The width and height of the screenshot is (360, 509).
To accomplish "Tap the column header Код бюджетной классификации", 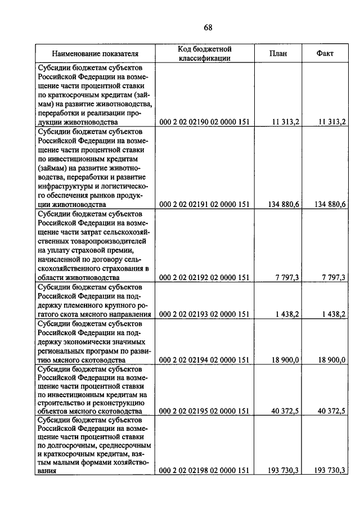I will pyautogui.click(x=205, y=53).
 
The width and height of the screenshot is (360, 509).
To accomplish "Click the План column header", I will pyautogui.click(x=278, y=54).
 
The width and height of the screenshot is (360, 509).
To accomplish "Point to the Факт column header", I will pyautogui.click(x=325, y=54).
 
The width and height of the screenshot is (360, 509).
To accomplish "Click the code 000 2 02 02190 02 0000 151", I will pyautogui.click(x=204, y=122).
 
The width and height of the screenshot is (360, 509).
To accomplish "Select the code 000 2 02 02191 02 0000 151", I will pyautogui.click(x=204, y=204).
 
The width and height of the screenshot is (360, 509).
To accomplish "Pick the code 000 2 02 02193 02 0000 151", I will pyautogui.click(x=204, y=314).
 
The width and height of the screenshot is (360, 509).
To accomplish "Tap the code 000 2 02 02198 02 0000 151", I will pyautogui.click(x=204, y=471).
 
